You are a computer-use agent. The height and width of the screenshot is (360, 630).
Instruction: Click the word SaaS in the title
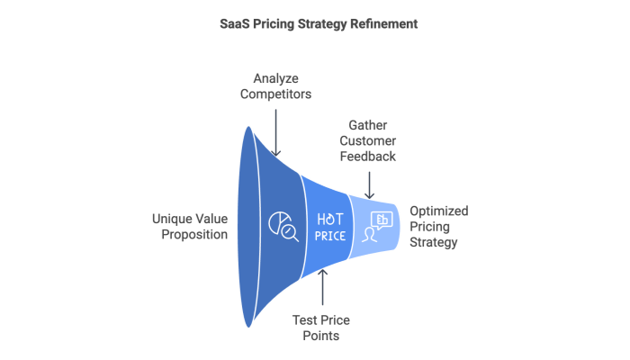(x=233, y=24)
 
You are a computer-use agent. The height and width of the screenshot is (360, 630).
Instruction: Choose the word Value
(x=212, y=219)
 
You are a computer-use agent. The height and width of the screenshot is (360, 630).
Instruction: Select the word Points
(x=323, y=335)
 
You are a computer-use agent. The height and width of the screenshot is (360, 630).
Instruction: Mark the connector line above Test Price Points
(x=323, y=288)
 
